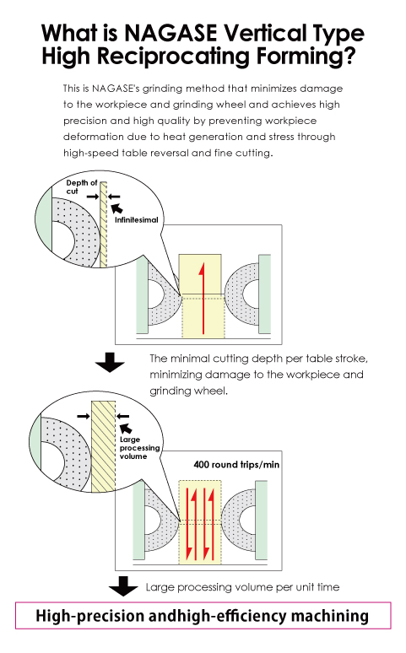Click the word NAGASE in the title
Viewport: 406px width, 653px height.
pos(170,33)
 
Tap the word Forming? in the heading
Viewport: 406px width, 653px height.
pos(306,57)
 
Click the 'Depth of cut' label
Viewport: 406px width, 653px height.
pos(82,187)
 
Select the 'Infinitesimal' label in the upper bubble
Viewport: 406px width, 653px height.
pos(136,220)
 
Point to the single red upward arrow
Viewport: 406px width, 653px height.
pos(203,298)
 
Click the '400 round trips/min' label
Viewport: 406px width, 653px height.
pos(236,465)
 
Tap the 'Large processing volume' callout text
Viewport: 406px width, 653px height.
pos(139,448)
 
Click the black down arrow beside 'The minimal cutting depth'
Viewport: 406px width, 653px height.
pos(110,362)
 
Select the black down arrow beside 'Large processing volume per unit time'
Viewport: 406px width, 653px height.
pos(123,586)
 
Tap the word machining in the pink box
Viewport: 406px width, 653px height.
pos(330,616)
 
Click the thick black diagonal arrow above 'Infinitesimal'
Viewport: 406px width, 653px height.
pos(117,208)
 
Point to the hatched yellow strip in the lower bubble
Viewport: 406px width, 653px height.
pos(103,446)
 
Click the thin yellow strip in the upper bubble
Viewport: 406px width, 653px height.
pos(103,224)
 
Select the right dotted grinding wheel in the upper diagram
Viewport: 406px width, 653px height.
pos(241,294)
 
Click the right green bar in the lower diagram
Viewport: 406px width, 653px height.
pos(262,521)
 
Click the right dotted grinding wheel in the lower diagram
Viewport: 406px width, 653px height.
pos(238,521)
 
